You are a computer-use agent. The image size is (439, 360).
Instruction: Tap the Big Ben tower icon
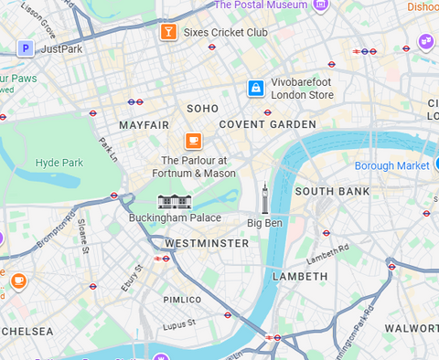click(x=265, y=196)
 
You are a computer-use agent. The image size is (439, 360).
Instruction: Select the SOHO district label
click(x=202, y=109)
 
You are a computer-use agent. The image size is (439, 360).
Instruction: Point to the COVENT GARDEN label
click(x=267, y=124)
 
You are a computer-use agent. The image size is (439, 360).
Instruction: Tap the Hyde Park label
click(x=59, y=164)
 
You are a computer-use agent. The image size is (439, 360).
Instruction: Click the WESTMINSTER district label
click(x=207, y=244)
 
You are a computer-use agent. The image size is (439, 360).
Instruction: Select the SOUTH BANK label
click(x=332, y=192)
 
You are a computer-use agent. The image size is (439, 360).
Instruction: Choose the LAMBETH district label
click(x=300, y=276)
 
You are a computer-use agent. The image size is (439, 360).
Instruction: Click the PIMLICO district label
click(x=182, y=300)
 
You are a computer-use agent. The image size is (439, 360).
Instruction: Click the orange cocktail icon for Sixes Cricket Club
click(x=167, y=33)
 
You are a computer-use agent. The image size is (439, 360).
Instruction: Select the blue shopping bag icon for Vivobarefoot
click(x=256, y=88)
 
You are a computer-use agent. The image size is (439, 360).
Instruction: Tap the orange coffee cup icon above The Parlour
click(x=193, y=140)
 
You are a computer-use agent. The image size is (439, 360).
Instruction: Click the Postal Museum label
click(x=261, y=5)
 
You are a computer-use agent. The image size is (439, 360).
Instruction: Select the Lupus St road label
click(x=179, y=323)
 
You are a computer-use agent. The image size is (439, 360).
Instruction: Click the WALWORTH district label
click(x=411, y=327)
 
